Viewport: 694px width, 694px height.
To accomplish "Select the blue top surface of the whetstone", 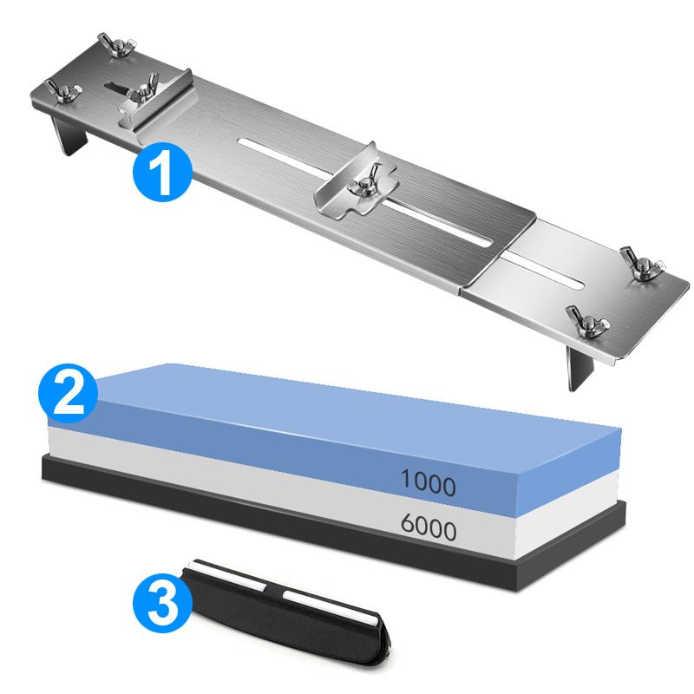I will tap(347, 399).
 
